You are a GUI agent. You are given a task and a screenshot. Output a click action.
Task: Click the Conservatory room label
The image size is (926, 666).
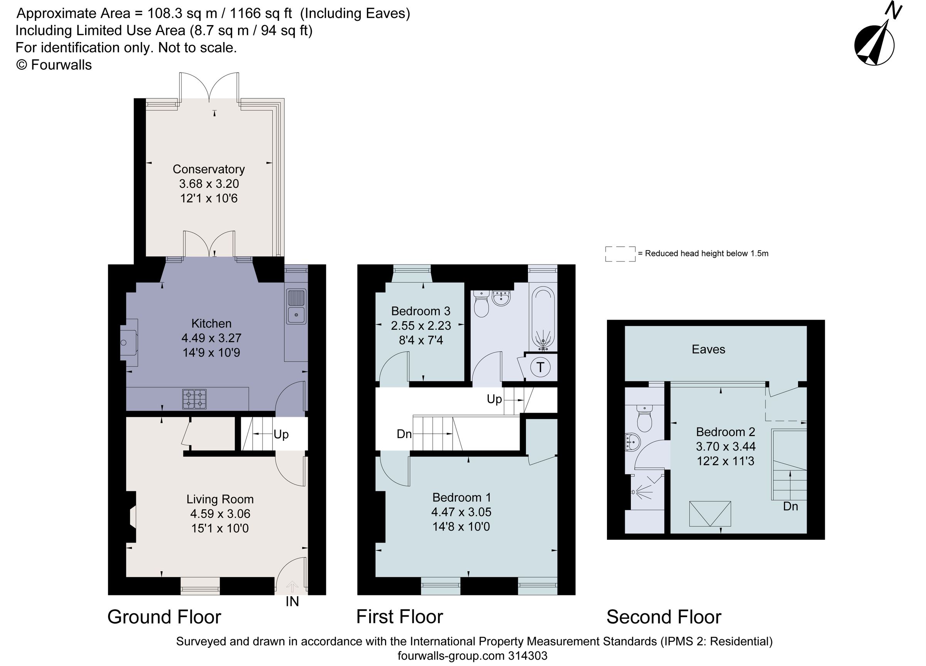coord(208,169)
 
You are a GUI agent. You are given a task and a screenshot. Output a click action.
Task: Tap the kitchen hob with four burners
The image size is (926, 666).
coord(194,399)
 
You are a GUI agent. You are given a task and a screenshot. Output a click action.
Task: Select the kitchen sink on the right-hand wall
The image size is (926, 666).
coord(296,306)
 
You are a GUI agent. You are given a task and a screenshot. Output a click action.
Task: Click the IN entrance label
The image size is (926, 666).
coord(292,602)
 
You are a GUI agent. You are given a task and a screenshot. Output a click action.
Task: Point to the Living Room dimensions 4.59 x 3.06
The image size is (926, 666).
coord(220,514)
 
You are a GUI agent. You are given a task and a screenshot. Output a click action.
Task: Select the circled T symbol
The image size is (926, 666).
coord(540,367)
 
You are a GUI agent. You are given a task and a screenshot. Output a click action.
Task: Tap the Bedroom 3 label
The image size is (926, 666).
coord(421,311)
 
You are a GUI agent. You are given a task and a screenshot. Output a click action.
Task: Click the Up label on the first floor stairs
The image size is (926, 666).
coord(494,399)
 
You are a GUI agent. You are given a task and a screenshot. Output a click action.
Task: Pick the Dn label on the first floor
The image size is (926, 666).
coord(404,434)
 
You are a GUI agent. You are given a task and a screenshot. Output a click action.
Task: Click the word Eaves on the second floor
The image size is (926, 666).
coord(708,349)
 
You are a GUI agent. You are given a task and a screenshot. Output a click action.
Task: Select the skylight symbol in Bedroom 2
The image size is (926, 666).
coord(710,514)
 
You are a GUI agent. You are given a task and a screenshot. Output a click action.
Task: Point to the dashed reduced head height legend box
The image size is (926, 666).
coord(620,253)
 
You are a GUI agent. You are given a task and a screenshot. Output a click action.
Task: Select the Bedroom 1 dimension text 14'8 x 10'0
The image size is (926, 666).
coord(461,526)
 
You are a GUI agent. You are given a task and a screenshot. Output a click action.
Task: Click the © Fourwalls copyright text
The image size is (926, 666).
coord(54,65)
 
